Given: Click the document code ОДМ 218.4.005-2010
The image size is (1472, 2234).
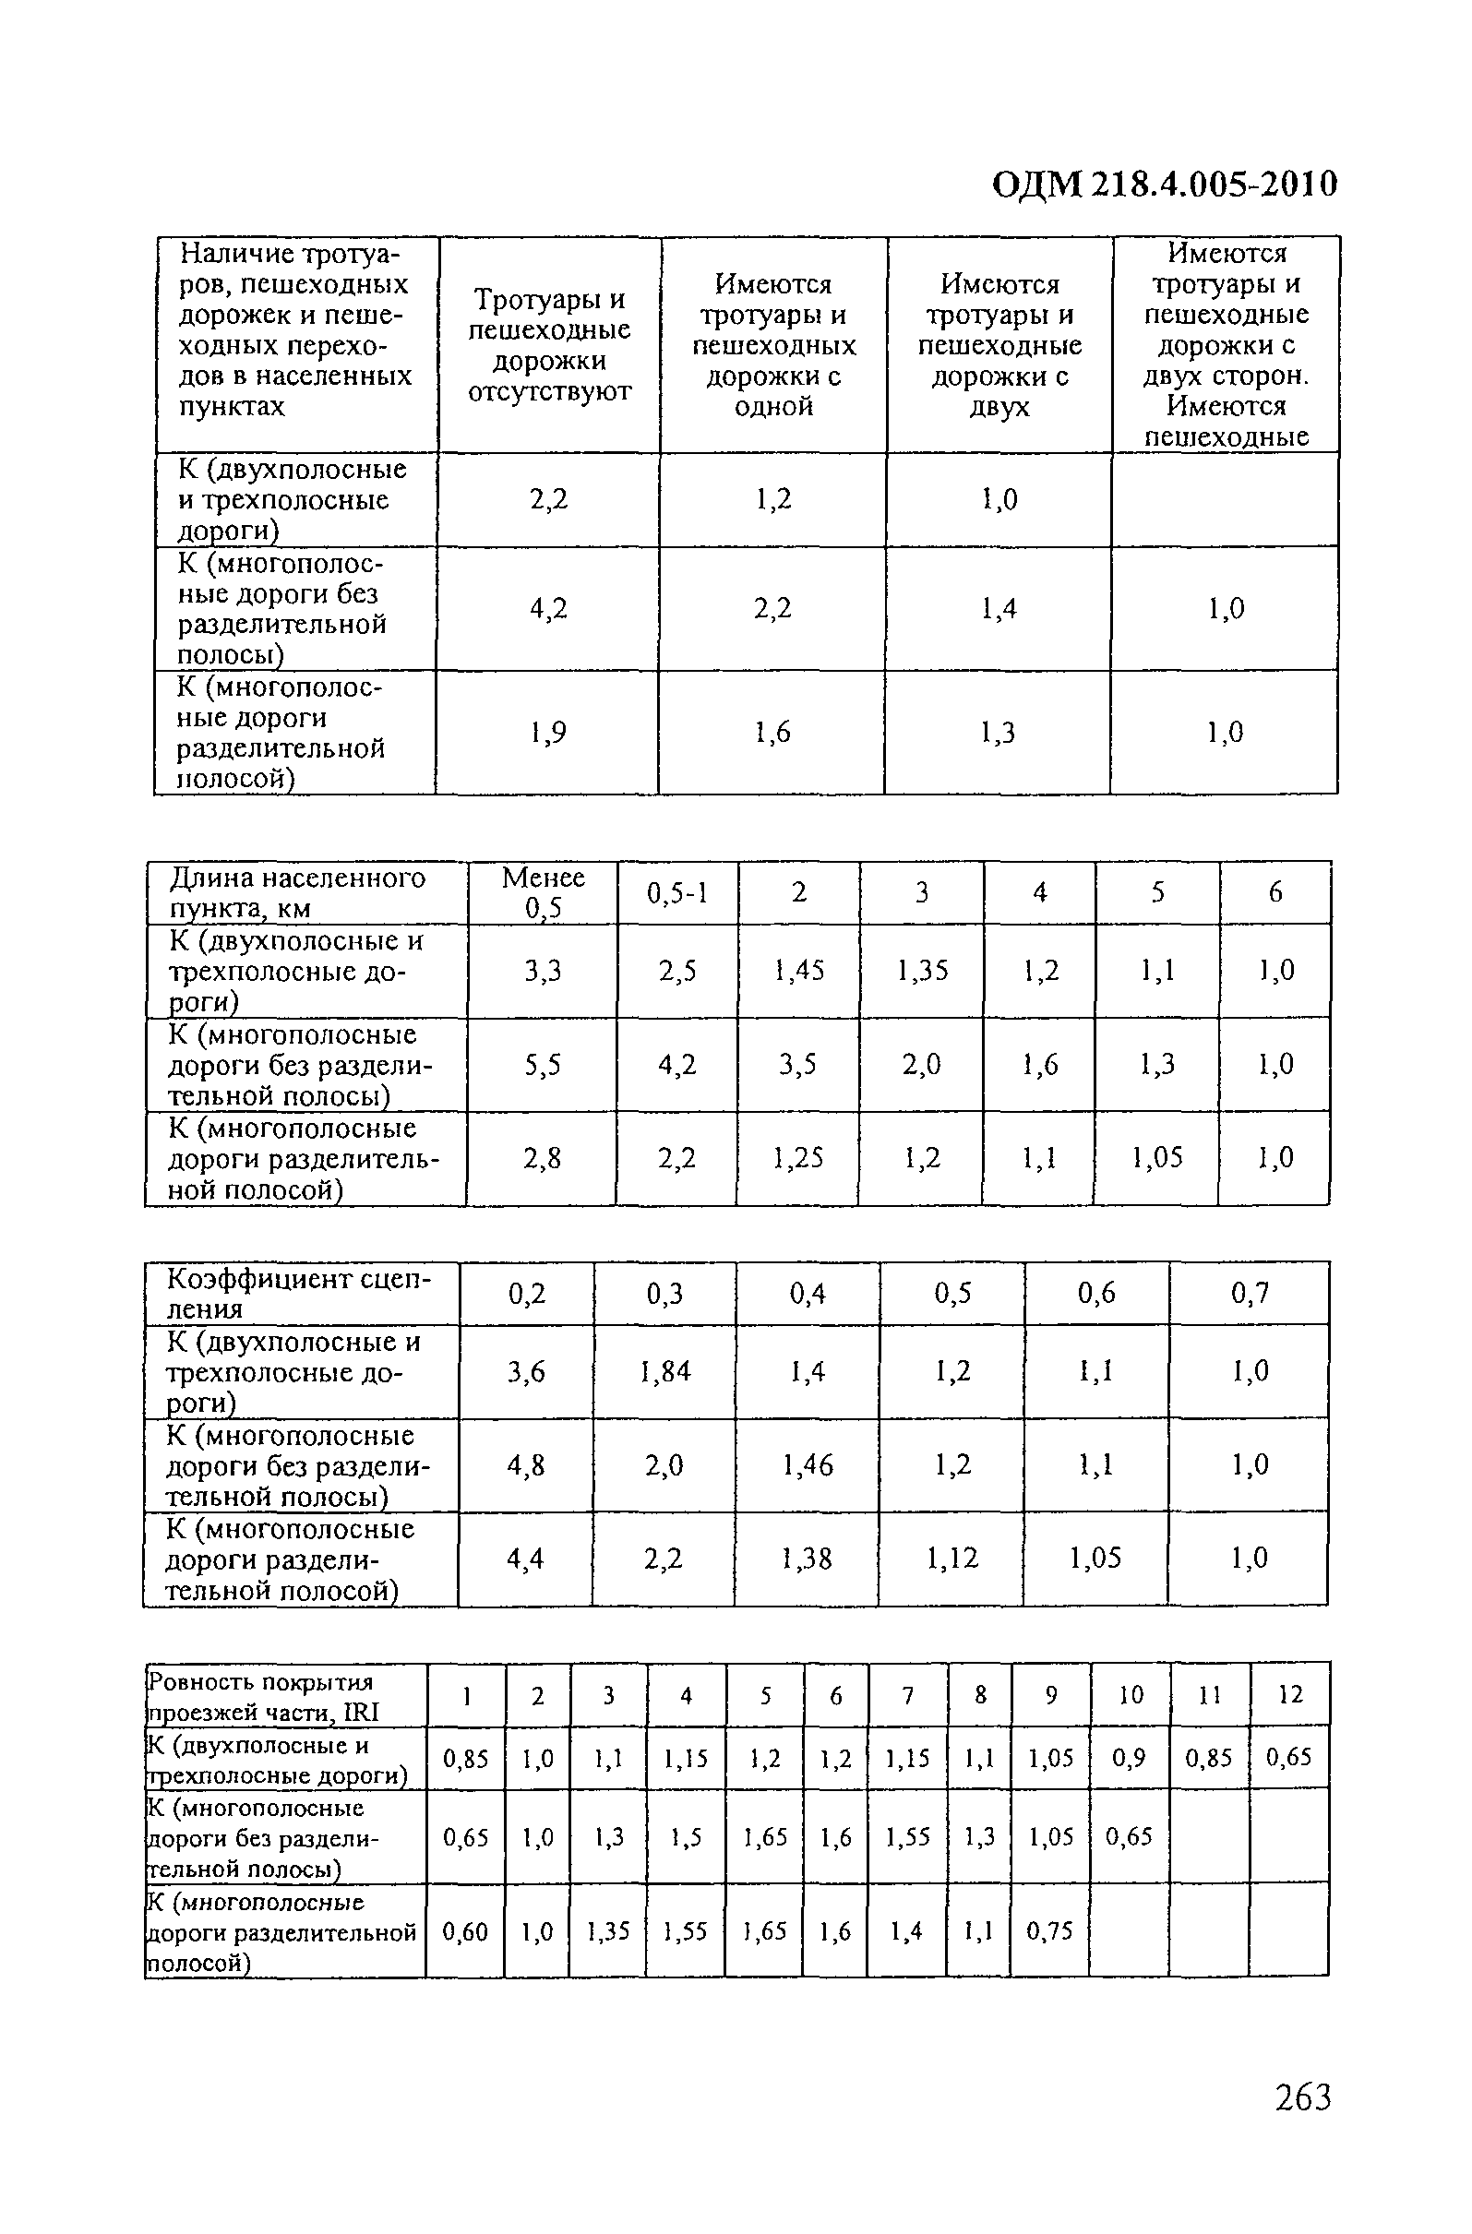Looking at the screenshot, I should pos(1164,185).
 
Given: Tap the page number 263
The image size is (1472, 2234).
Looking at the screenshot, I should pos(1303,2097).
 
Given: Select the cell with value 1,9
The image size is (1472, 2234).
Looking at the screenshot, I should pos(548,732).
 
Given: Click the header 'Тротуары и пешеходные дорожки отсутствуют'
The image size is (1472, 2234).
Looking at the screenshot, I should pos(549,345).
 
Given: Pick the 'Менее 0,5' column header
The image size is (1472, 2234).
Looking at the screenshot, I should pos(543,891).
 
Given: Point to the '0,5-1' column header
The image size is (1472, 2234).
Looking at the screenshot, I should pos(676,892).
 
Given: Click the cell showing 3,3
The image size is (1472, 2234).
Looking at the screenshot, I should pos(543,971).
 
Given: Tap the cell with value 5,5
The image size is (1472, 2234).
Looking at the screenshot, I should pos(543,1065).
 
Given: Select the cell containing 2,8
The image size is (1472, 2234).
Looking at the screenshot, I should pos(543,1158).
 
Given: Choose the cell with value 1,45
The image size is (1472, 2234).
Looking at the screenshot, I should pos(799,971).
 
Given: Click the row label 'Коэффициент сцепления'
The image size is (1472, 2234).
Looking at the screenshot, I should pos(298,1294).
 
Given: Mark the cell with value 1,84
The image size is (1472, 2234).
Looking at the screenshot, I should pos(664,1372).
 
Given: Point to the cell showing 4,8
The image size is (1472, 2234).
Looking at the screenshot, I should pos(526,1465).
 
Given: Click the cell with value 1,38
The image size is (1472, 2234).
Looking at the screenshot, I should pos(807,1559).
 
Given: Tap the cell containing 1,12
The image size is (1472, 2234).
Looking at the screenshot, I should pos(951,1559).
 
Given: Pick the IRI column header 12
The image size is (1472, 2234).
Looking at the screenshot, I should pos(1291,1694).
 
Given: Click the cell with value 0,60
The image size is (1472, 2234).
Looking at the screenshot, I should pos(466,1931).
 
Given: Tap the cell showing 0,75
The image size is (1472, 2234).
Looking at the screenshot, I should pos(1049,1930).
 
